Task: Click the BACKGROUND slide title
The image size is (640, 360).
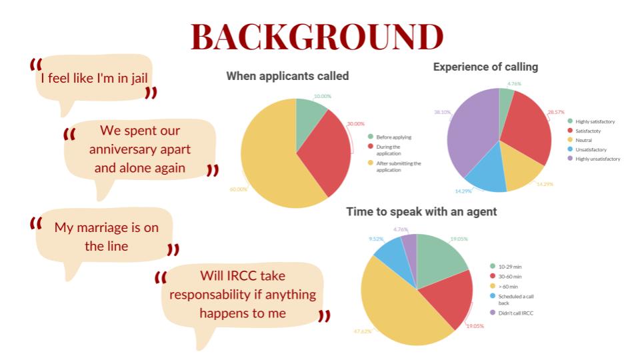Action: (x=317, y=37)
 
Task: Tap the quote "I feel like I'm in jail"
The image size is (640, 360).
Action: (x=94, y=78)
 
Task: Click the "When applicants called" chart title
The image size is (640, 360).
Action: (x=287, y=76)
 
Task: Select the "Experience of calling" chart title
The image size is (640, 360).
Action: (x=485, y=67)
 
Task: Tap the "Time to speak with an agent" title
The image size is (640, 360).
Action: (x=421, y=211)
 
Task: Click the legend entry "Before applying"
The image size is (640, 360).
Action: (x=390, y=137)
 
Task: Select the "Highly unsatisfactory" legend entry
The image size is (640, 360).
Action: (x=594, y=159)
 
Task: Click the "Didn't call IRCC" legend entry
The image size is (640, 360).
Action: (x=512, y=313)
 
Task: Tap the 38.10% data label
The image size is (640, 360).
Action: (x=443, y=112)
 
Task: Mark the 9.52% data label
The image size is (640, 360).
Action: (x=376, y=239)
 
